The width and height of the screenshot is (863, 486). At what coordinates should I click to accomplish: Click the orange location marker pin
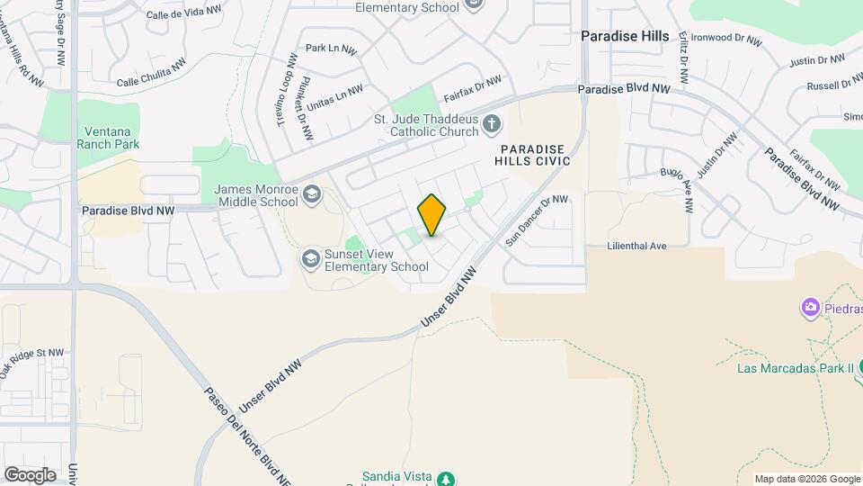pos(432,215)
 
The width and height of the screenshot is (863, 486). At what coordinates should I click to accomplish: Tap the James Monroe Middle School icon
pos(311,193)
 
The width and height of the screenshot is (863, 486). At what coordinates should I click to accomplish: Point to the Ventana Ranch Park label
pos(108,137)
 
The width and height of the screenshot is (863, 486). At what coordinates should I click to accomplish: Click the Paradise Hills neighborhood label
pos(625,36)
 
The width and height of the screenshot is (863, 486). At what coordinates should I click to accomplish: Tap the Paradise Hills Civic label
pos(533,155)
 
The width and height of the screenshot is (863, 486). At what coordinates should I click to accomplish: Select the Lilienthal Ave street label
pos(636,245)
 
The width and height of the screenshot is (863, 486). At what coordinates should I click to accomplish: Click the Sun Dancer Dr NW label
pos(537,220)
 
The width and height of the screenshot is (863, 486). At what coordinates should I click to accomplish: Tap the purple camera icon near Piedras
pos(810,309)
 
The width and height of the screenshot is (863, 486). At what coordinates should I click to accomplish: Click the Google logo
pos(30,474)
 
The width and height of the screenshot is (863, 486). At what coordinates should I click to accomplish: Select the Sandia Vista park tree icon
pos(444,478)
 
